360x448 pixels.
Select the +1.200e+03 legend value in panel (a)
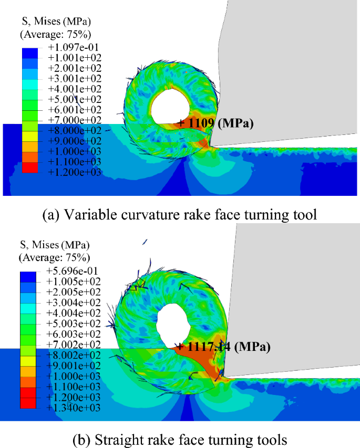coord(74,171)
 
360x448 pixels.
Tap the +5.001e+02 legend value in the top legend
coord(74,99)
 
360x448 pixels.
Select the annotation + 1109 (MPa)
coord(215,124)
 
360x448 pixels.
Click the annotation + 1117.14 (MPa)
coord(223,347)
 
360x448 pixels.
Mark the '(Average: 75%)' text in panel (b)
coord(54,258)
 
